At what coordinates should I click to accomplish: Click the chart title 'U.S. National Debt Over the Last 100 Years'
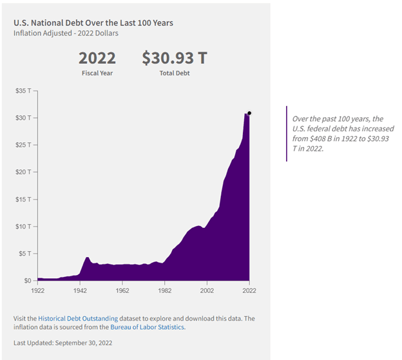coord(93,23)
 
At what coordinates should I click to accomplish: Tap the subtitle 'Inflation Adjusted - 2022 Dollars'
coord(66,33)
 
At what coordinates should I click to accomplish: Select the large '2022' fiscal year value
coord(97,59)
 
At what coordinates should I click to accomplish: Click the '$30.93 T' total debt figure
coord(175,59)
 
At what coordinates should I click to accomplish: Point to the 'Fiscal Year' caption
coord(97,73)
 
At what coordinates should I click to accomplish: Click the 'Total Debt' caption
coord(175,73)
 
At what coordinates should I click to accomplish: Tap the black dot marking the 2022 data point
coord(249,113)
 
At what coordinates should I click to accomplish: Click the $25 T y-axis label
coord(23,145)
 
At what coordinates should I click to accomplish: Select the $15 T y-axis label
coord(23,199)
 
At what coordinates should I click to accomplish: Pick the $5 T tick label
coord(25,253)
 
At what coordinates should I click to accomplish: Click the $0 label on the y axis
coord(27,281)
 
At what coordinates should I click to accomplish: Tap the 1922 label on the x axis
coord(38,291)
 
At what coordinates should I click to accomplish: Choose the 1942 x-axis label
coord(80,291)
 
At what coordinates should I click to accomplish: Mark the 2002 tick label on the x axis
coord(207,291)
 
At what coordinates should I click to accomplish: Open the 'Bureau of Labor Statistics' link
coord(147,327)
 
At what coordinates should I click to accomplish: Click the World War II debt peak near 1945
coord(87,258)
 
